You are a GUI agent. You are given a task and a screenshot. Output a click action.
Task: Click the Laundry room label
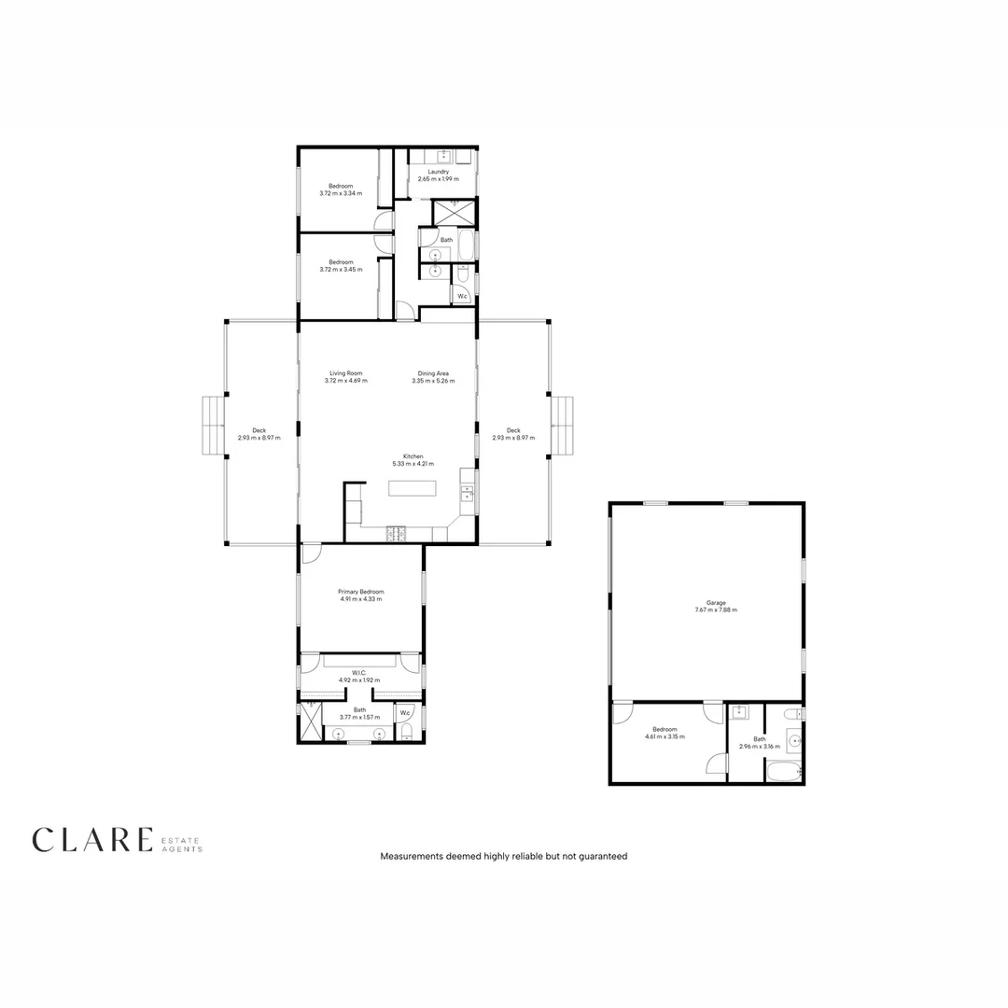[439, 172]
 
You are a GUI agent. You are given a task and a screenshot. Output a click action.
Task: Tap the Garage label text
[716, 603]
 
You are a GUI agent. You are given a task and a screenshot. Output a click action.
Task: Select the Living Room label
[345, 373]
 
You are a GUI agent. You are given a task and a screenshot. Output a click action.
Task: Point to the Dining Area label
[433, 373]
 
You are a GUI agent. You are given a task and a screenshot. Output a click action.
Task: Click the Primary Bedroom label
[360, 592]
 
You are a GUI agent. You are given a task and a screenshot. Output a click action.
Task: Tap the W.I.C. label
[358, 673]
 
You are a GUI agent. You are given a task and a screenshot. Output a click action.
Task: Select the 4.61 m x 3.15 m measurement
[665, 736]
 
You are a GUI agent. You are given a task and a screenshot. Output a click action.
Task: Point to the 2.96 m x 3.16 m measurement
[759, 747]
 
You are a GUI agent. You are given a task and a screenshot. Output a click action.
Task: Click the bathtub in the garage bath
[782, 772]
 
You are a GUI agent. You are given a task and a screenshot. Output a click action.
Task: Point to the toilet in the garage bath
[792, 715]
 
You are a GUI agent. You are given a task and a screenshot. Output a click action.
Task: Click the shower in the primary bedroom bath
[309, 721]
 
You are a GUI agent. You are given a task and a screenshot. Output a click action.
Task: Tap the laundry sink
[443, 155]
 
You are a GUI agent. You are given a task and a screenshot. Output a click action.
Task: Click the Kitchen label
[413, 456]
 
